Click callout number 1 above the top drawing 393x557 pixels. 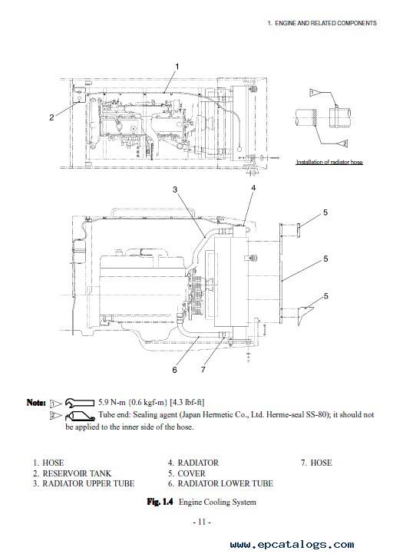[177, 67]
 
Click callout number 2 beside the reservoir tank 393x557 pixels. [51, 117]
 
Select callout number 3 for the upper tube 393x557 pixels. [175, 190]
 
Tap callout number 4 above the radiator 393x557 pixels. [253, 188]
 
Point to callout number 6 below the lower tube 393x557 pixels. [174, 370]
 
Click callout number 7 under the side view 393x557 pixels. [203, 370]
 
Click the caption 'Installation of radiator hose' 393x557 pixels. [329, 162]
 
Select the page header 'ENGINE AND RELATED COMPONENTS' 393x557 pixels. [326, 23]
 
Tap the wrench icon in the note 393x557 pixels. [80, 403]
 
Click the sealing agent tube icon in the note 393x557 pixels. [80, 416]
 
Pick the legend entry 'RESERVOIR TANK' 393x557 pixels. [77, 473]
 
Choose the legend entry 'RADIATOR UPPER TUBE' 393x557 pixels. [88, 483]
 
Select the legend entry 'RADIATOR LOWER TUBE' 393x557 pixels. [225, 483]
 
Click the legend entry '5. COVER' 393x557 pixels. [187, 473]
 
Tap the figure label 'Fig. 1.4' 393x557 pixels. [160, 502]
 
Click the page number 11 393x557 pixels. [202, 522]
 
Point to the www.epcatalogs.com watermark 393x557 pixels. [292, 545]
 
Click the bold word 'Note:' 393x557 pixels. [36, 403]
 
